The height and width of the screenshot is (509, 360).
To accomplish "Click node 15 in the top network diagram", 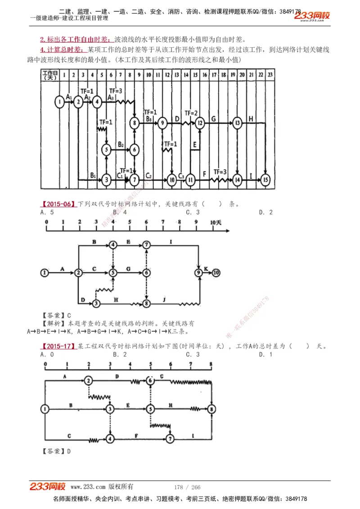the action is (x=266, y=180).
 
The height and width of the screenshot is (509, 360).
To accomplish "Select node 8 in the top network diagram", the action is (x=134, y=122).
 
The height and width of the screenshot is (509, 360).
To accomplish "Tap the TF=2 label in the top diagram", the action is (x=191, y=113).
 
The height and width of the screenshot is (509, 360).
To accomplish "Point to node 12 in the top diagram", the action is (x=200, y=122).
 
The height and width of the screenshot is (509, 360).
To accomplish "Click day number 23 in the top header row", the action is (x=270, y=74).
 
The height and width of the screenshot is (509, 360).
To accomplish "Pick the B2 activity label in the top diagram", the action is (x=121, y=144).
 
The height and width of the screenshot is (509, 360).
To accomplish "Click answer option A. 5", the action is (x=47, y=212).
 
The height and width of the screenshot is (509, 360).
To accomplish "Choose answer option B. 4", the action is (x=120, y=212).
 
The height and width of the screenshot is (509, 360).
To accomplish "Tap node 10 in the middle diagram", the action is (x=216, y=272).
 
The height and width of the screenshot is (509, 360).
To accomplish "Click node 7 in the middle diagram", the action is (x=147, y=244).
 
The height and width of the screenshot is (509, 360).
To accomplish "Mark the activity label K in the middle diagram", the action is (x=206, y=268).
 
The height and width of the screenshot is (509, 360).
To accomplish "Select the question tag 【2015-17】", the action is (x=58, y=346).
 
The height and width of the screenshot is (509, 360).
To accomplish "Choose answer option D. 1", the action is (x=265, y=355).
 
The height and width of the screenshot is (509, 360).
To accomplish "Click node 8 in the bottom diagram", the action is (x=212, y=409).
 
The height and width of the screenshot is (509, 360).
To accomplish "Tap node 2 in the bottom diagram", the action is (x=89, y=380).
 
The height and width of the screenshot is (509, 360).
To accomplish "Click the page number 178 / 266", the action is (x=187, y=487).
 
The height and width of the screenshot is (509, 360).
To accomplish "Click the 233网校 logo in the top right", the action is (x=312, y=16).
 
